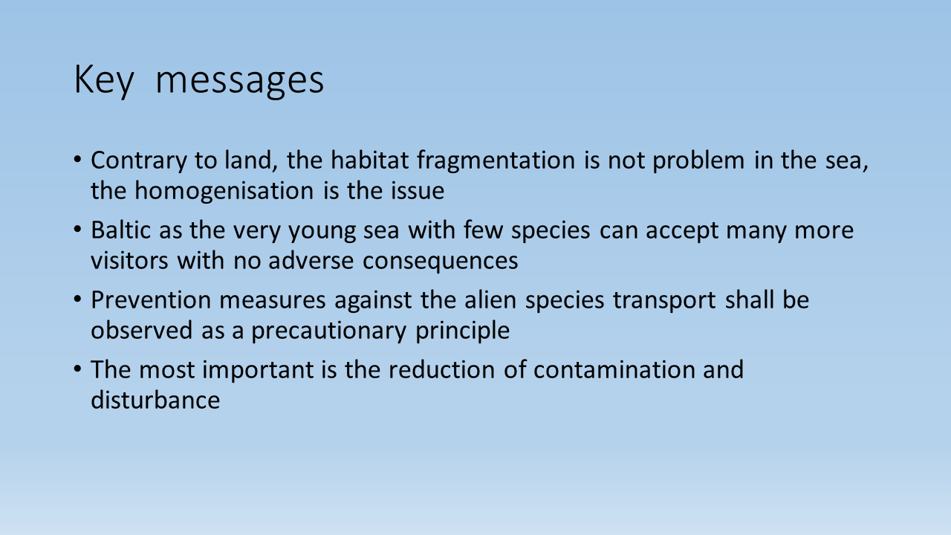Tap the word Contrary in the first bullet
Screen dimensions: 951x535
click(x=139, y=161)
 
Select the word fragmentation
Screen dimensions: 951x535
click(x=496, y=161)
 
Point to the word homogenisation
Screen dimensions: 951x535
click(x=224, y=191)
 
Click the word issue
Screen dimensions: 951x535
click(x=418, y=190)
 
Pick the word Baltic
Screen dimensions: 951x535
click(x=121, y=230)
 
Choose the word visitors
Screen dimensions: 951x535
click(x=129, y=260)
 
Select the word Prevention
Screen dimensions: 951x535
click(x=151, y=300)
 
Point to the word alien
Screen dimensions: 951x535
click(x=490, y=299)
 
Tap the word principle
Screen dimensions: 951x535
click(x=462, y=331)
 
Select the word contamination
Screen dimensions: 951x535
click(x=614, y=370)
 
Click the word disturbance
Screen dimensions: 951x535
click(x=155, y=400)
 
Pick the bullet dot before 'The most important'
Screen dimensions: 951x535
click(x=77, y=369)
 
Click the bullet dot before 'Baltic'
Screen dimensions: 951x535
click(x=77, y=230)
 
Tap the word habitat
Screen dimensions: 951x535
click(x=369, y=160)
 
